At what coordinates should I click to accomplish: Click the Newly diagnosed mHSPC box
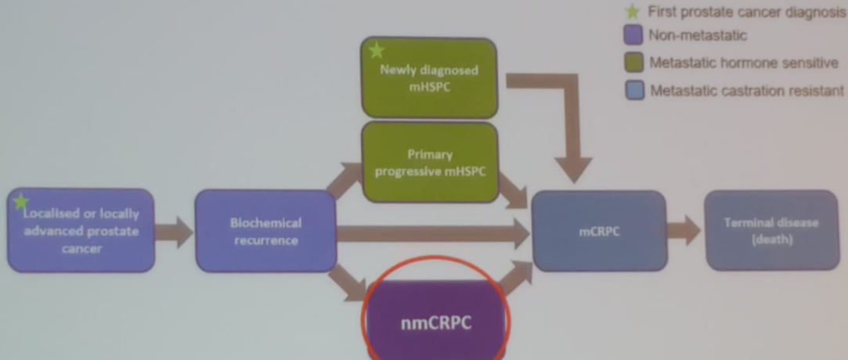click(429, 77)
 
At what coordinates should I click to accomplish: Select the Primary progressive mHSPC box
click(429, 163)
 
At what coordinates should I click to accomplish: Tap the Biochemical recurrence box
click(265, 232)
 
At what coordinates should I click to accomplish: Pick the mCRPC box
click(599, 232)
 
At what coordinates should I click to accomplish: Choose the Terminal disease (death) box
click(771, 231)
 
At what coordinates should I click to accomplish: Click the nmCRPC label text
click(436, 322)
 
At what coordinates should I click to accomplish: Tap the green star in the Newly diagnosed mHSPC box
click(377, 51)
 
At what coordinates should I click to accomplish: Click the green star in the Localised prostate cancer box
click(21, 202)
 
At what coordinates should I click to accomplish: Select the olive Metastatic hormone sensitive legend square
click(634, 63)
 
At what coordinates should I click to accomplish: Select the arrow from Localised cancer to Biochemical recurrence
click(175, 232)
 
